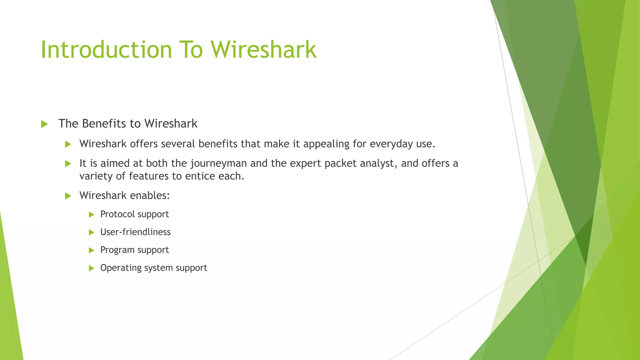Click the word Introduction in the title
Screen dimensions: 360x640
(x=106, y=50)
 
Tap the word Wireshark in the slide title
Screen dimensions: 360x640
(x=263, y=50)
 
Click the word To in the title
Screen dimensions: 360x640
(x=191, y=50)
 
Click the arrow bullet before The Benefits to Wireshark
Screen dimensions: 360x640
(x=44, y=124)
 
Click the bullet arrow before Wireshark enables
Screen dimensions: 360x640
(x=68, y=196)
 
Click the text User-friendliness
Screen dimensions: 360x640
(x=135, y=232)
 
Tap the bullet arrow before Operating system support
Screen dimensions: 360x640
(x=91, y=268)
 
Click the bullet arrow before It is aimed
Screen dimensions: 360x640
(x=68, y=164)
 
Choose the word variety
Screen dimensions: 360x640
(x=96, y=176)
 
